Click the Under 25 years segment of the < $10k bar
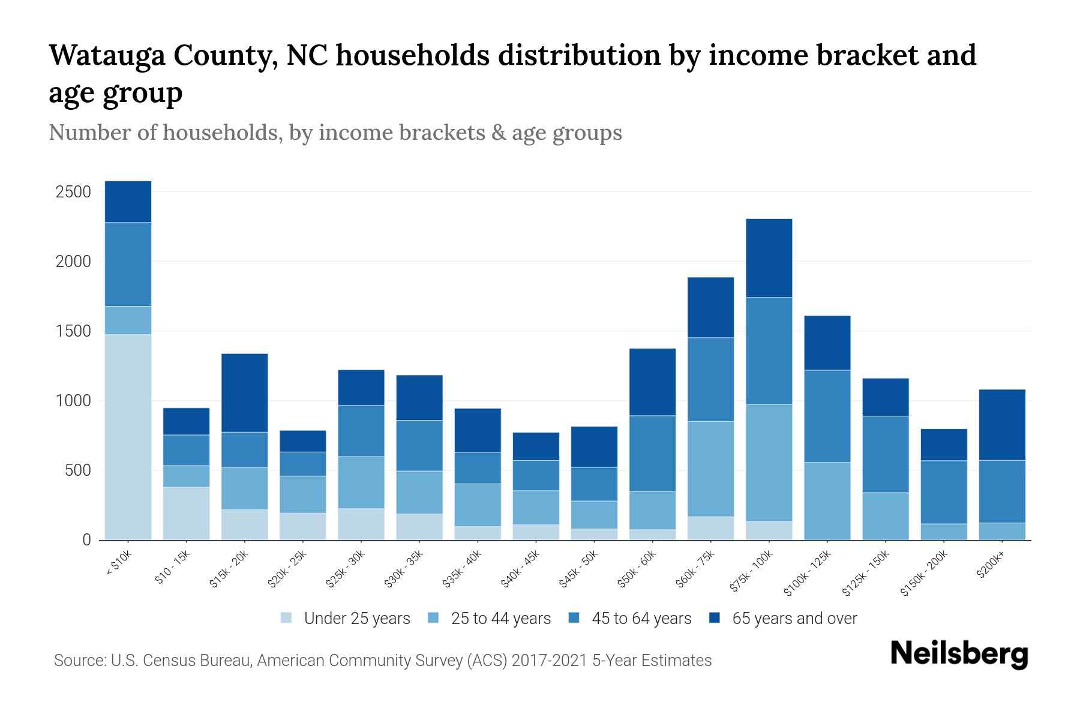click(128, 437)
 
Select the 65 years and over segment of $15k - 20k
click(244, 393)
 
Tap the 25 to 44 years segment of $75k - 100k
click(769, 463)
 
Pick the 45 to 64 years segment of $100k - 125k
click(827, 416)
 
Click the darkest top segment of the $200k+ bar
click(1001, 425)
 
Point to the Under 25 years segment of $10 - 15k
click(186, 513)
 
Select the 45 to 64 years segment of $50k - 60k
click(652, 453)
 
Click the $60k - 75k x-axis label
click(695, 569)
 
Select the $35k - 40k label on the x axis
click(463, 569)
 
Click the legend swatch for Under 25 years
click(287, 618)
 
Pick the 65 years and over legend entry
click(794, 619)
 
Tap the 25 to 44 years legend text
click(500, 619)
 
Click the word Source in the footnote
click(79, 661)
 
